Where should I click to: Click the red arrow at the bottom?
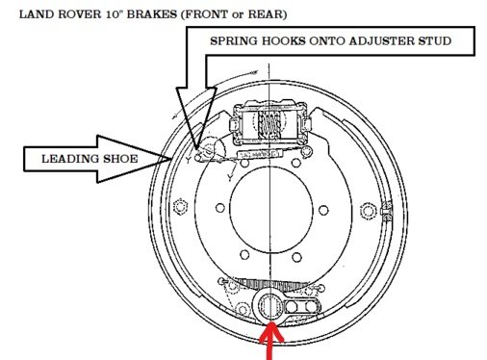(x=270, y=341)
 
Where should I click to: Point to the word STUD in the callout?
(x=452, y=41)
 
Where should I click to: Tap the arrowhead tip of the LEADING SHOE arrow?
(x=173, y=159)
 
